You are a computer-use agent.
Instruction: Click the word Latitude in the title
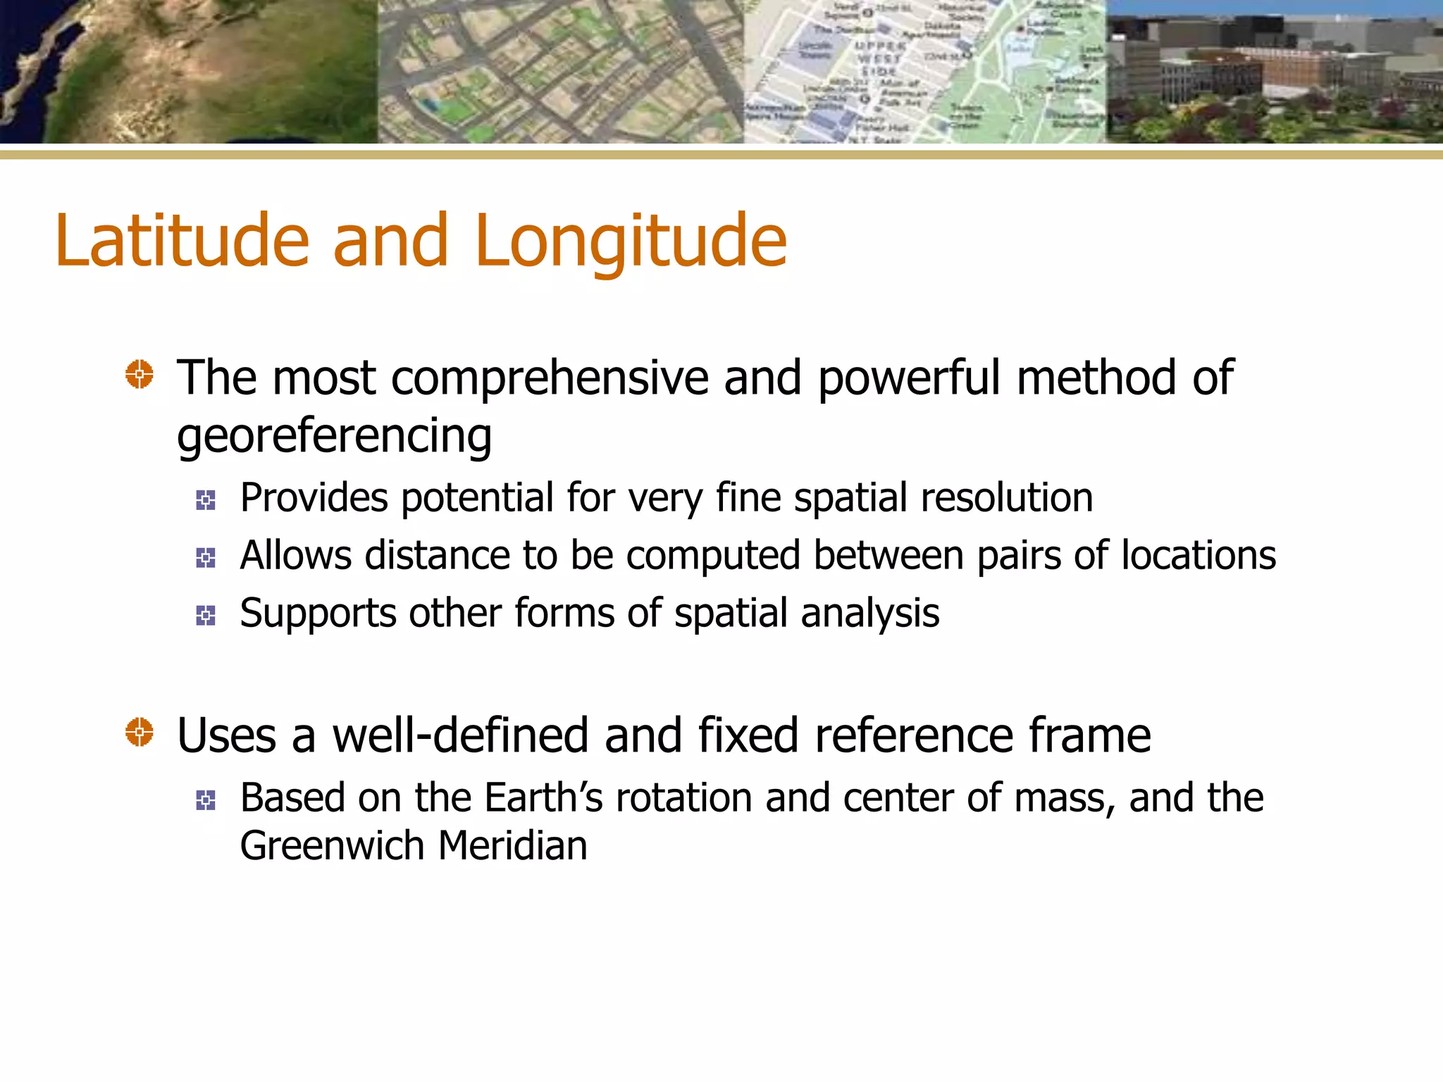(182, 241)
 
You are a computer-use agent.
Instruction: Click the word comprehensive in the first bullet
(549, 379)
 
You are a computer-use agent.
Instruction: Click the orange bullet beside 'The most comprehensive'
(140, 374)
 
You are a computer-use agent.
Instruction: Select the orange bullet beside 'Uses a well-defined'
(140, 732)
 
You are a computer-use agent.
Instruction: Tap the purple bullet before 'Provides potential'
(206, 500)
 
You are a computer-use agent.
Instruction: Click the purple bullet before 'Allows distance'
(206, 558)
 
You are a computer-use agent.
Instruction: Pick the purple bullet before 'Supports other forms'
(206, 616)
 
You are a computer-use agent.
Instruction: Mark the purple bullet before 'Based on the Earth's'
(206, 800)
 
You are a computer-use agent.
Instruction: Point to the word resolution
(1007, 498)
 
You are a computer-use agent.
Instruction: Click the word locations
(1199, 556)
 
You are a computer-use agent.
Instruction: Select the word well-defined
(460, 735)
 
